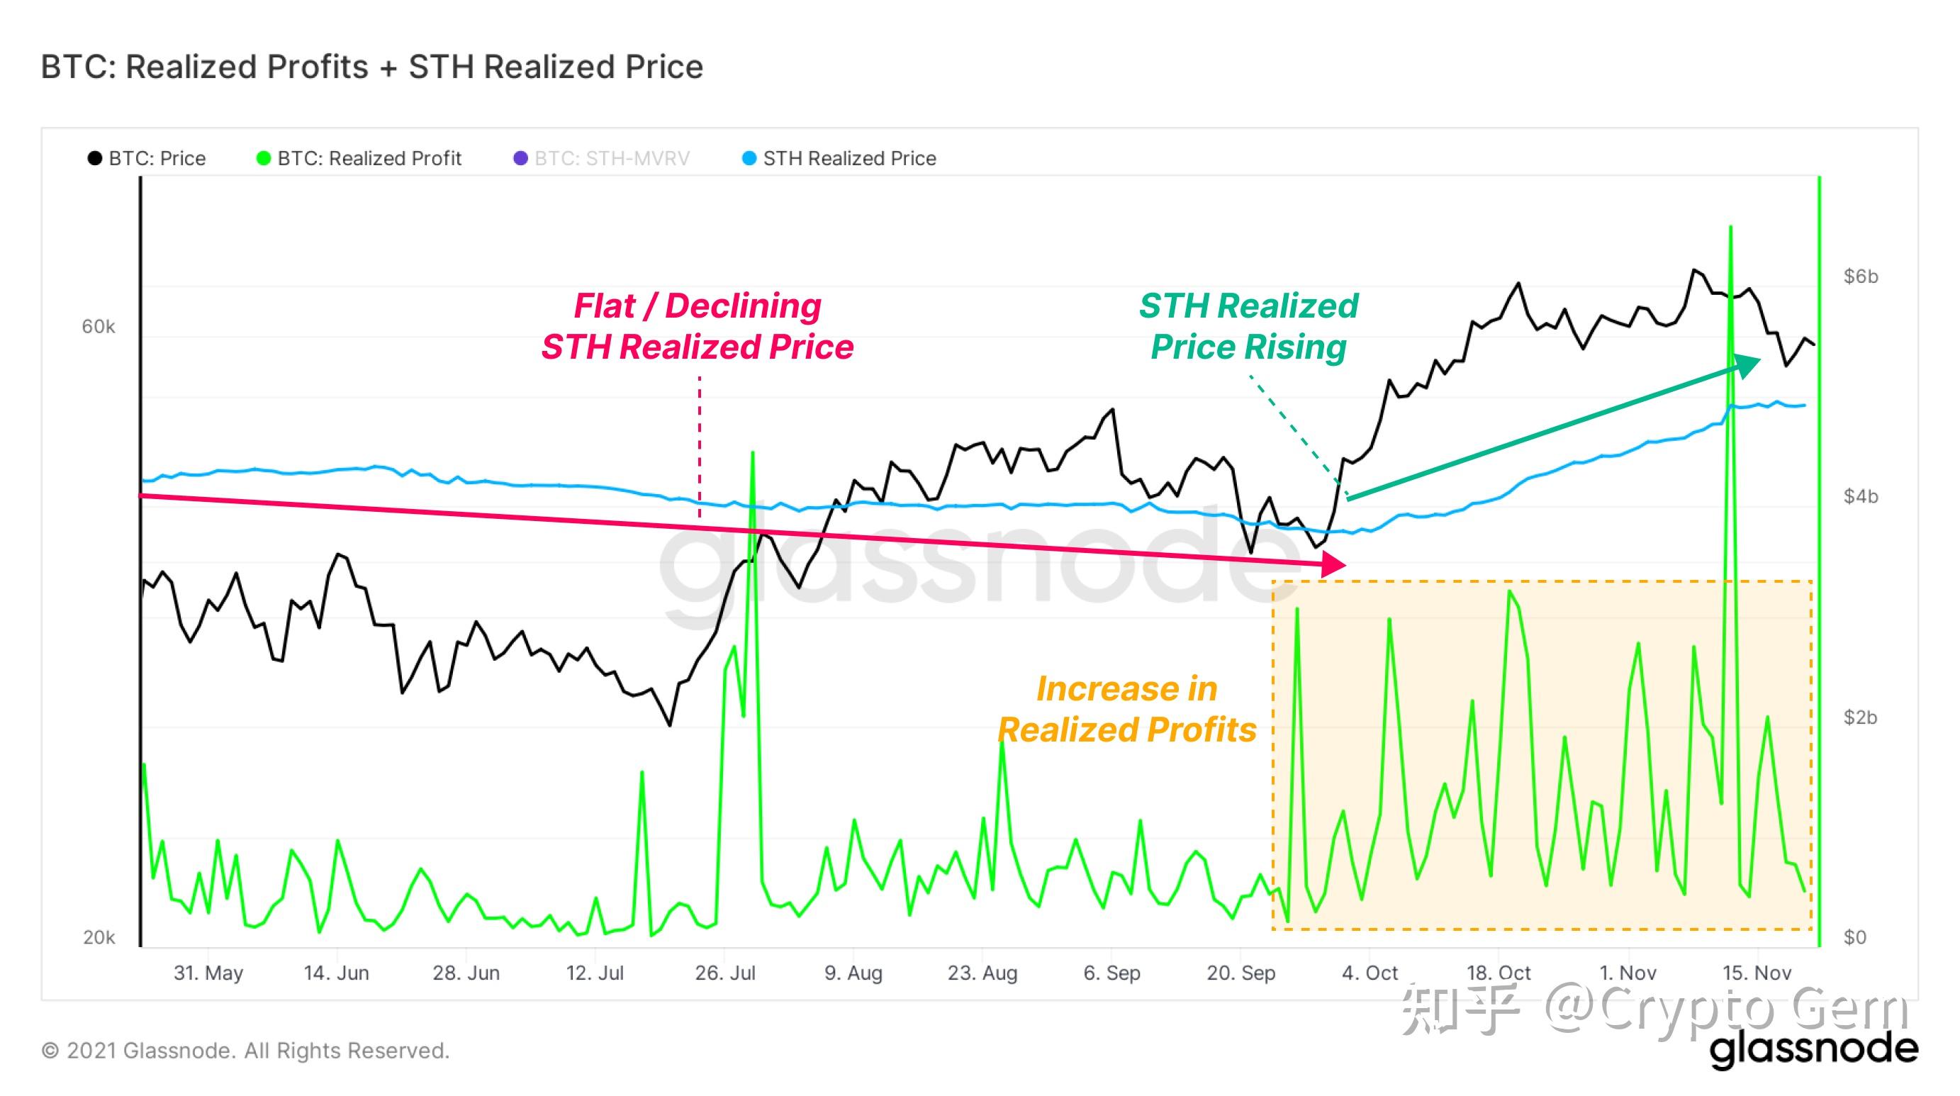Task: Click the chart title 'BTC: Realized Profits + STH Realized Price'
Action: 371,67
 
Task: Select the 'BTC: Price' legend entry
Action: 147,158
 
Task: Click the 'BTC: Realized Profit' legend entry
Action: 359,158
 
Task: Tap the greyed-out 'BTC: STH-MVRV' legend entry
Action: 602,158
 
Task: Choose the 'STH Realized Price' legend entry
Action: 839,158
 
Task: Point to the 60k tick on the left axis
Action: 98,327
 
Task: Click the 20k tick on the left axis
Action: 99,937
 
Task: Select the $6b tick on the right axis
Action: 1860,276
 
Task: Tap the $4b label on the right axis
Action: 1860,496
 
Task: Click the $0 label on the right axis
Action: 1855,937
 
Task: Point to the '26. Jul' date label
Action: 725,973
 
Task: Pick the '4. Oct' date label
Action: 1370,973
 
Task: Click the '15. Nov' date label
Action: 1757,973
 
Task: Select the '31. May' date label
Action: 208,973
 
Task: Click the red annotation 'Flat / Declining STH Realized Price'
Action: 697,327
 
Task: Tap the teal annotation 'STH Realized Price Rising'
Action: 1248,327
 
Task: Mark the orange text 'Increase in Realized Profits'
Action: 1126,710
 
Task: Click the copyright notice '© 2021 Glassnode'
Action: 245,1051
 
